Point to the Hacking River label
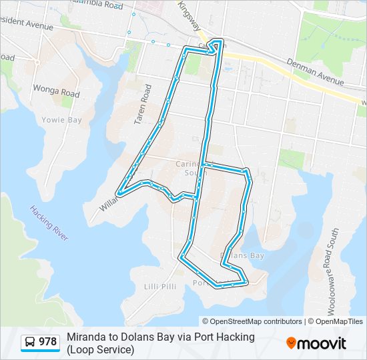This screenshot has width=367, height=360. pos(49,223)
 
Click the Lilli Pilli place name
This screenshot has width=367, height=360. pos(160,286)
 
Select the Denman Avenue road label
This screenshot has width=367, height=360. pos(315,72)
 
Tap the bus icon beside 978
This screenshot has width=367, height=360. pos(30,343)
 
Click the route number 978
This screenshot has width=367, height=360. pos(47,343)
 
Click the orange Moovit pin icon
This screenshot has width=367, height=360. pos(291,343)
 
